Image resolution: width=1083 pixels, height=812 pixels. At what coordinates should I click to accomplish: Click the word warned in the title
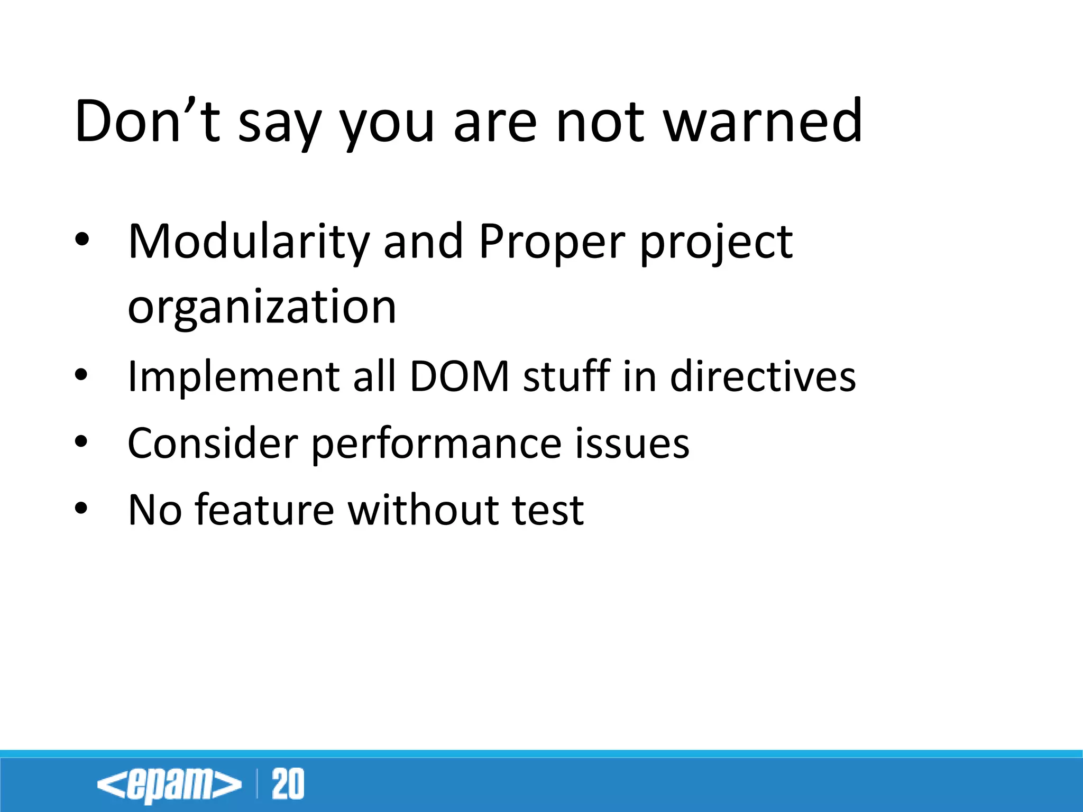tap(763, 121)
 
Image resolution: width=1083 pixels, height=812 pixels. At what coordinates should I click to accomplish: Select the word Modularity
tap(249, 242)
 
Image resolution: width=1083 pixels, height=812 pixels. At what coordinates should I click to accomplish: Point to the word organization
tap(262, 308)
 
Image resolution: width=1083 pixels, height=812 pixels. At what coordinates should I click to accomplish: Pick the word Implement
tap(233, 376)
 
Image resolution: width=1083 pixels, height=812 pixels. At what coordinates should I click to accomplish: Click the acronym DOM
tap(460, 376)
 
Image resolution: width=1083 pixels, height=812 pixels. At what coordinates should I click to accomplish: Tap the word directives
tap(763, 376)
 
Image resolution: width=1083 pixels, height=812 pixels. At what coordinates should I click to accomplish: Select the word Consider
tap(213, 443)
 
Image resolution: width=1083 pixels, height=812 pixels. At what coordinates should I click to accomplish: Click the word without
tap(421, 510)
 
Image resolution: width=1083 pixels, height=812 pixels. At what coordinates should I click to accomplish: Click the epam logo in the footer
tap(169, 785)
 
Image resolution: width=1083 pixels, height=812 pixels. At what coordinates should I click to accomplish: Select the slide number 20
tap(288, 785)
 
